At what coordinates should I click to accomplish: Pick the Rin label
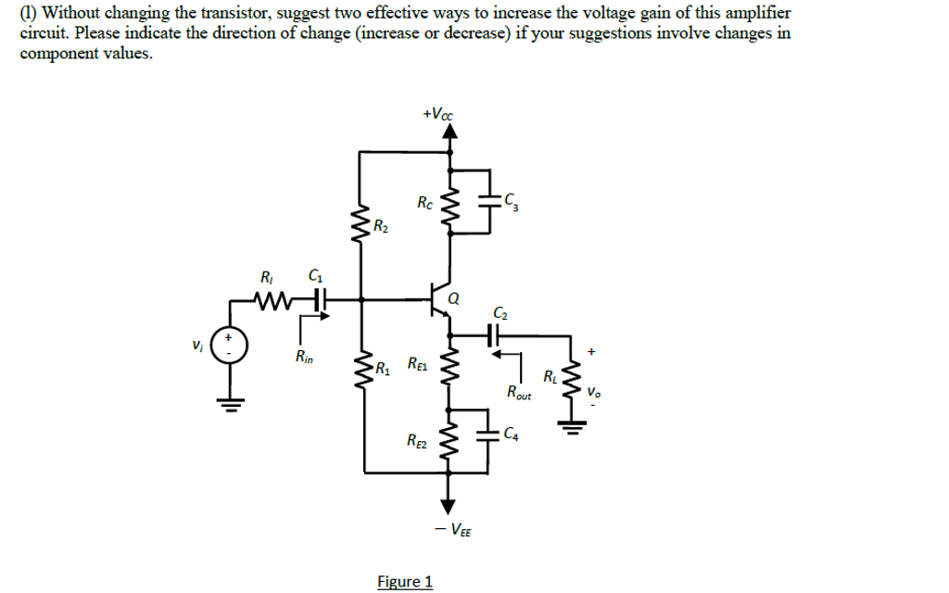tap(302, 356)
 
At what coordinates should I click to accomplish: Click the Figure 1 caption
tap(405, 581)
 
